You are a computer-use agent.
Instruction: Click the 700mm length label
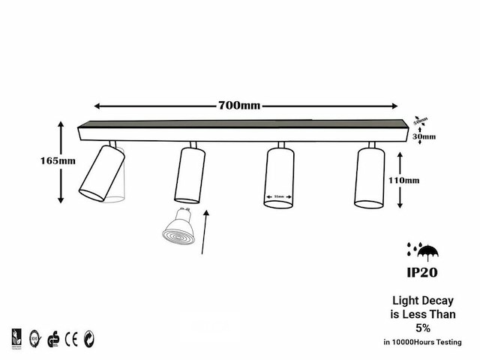pos(239,105)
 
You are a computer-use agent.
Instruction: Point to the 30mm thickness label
pos(424,136)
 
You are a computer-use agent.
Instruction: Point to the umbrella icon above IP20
pos(427,250)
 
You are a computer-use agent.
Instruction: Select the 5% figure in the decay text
pos(422,328)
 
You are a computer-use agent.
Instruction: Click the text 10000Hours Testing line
pos(422,342)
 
